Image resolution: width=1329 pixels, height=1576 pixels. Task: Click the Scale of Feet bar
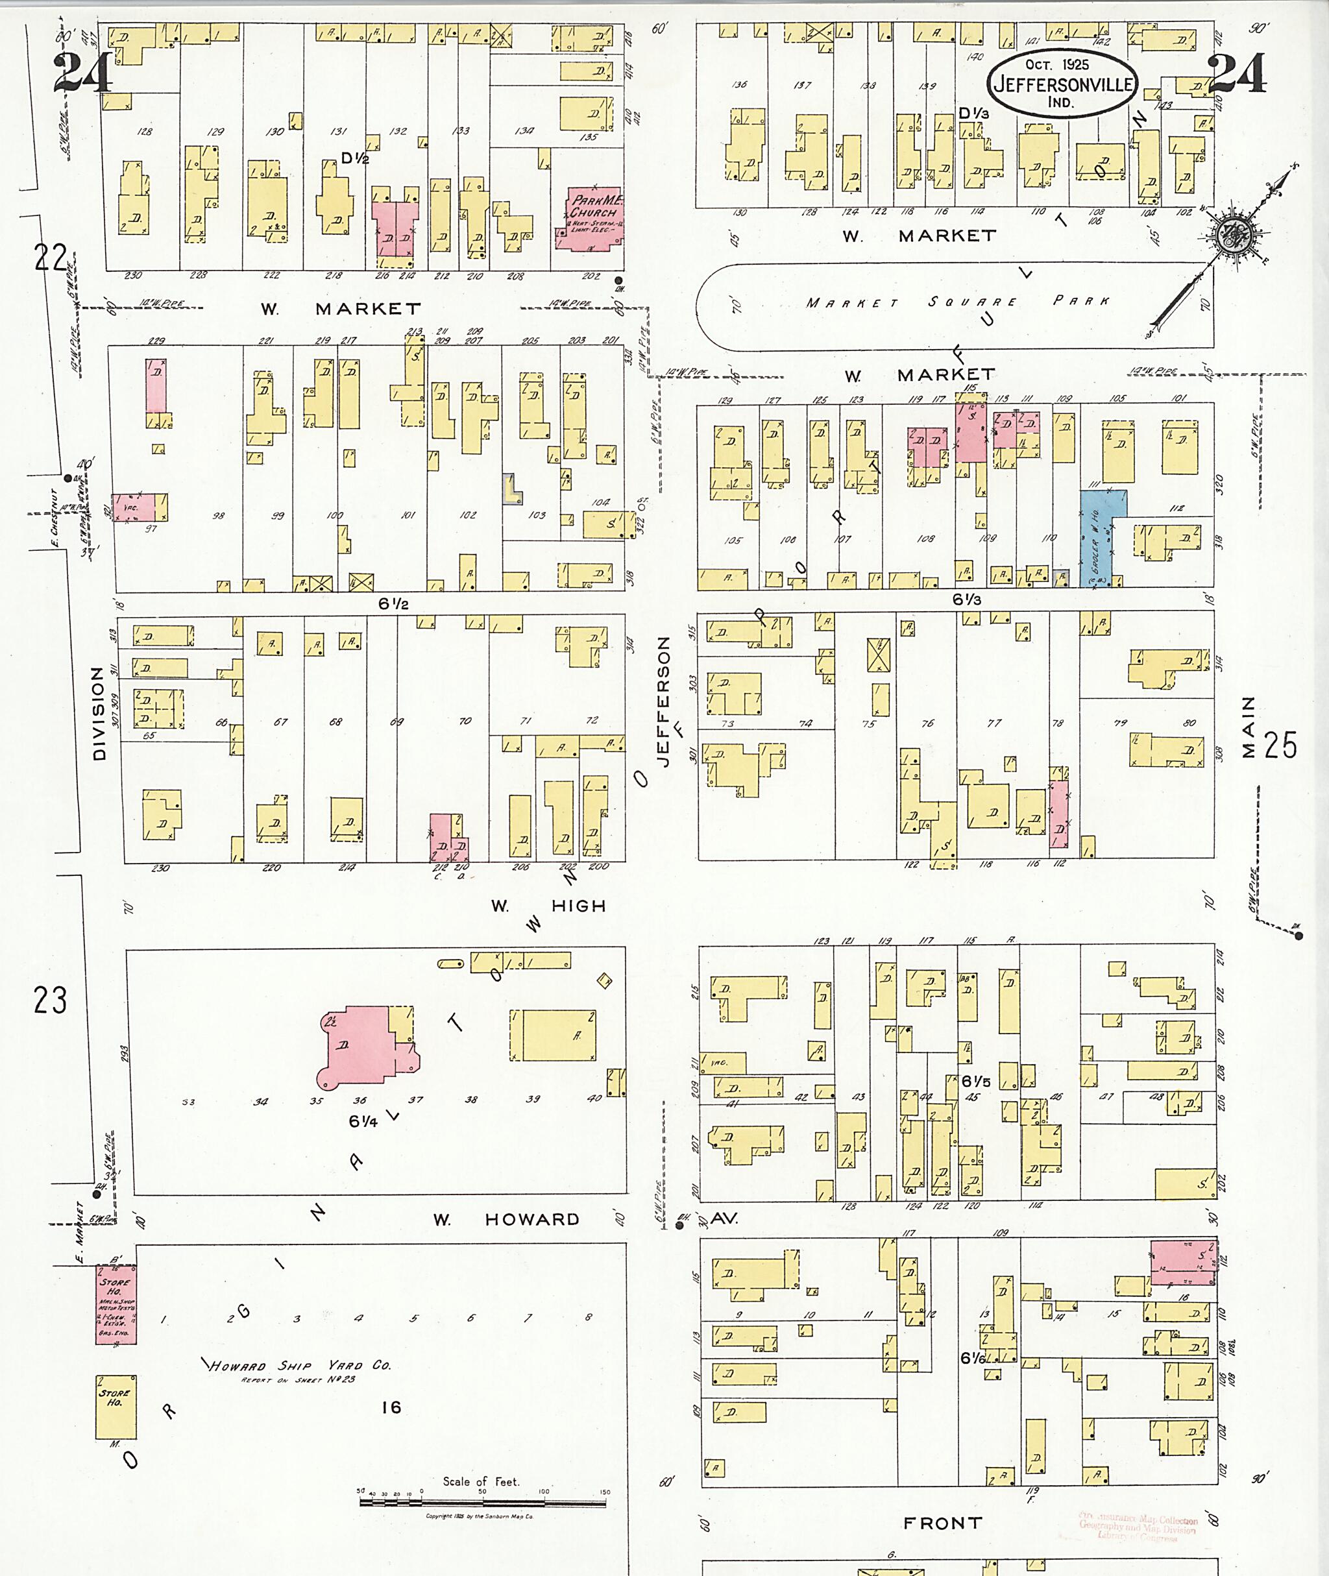tap(483, 1503)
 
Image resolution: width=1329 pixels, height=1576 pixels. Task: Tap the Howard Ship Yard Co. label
tap(300, 1366)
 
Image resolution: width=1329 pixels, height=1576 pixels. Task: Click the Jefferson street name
tap(663, 701)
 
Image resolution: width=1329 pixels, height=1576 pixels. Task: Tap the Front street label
tap(942, 1523)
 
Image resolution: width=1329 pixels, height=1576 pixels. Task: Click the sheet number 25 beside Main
tap(1280, 745)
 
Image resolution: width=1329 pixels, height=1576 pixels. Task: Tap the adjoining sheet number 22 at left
tap(50, 258)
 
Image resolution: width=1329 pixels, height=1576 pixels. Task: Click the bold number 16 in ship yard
tap(391, 1407)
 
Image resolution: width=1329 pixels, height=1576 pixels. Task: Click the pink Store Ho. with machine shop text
tap(116, 1305)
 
